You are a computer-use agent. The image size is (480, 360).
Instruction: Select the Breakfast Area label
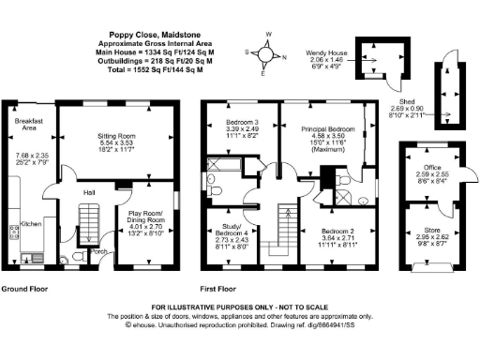click(27, 126)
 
